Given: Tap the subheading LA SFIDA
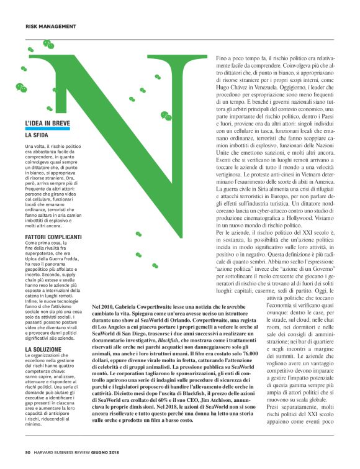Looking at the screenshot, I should click(37, 135).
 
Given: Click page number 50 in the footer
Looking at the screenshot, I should click(28, 452).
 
